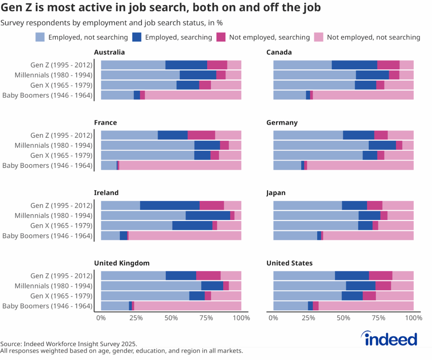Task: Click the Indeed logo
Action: [389, 339]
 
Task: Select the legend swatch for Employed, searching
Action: [138, 37]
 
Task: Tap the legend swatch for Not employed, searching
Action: [221, 37]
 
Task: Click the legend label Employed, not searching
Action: [88, 37]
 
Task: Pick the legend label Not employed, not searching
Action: [373, 37]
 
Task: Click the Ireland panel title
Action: [106, 193]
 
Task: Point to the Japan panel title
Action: [276, 193]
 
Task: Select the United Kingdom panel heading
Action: [121, 263]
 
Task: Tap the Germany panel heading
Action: [282, 123]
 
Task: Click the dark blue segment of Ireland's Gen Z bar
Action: [170, 205]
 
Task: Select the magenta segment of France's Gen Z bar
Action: [201, 135]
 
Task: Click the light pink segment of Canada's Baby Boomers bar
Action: [363, 95]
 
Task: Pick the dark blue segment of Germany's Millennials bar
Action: [382, 145]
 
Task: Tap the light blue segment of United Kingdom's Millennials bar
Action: [151, 285]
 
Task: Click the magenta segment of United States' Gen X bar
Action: [369, 296]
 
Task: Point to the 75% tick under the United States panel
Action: [378, 317]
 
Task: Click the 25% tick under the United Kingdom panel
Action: [136, 317]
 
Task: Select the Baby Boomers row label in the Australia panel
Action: [47, 95]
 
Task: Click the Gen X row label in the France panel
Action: [61, 156]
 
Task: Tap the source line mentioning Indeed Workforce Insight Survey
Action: [69, 344]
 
